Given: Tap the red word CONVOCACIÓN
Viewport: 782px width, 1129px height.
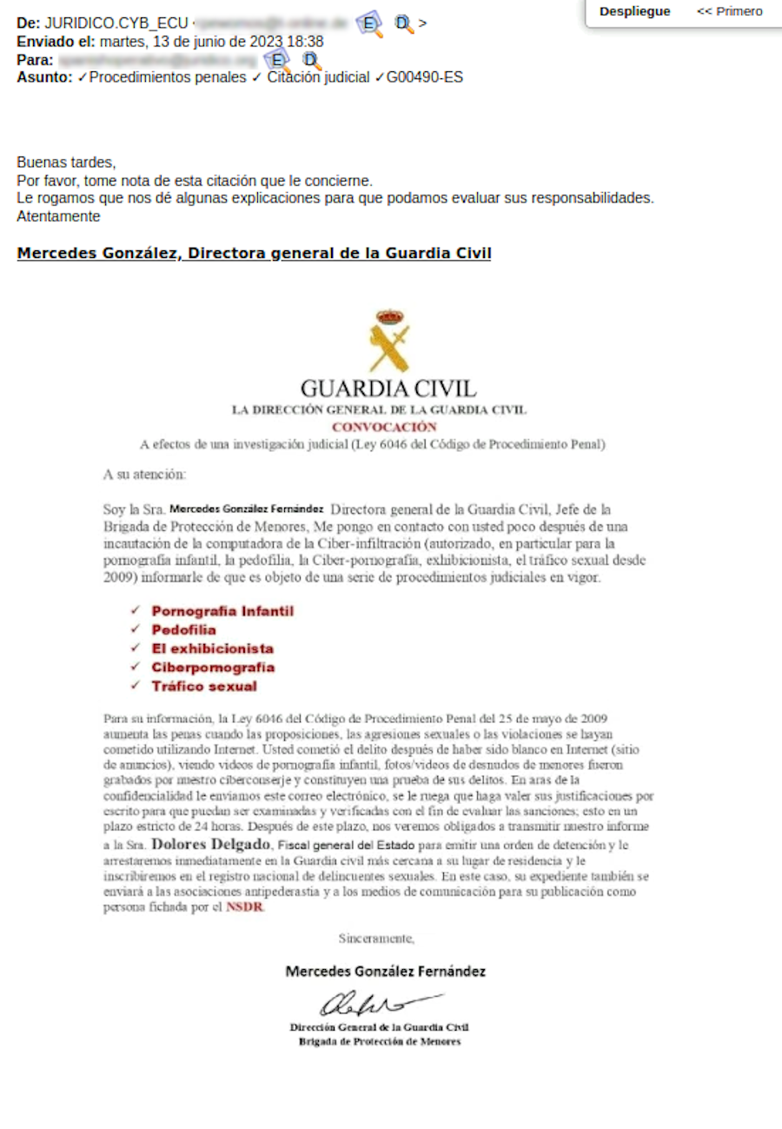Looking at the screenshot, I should tap(383, 427).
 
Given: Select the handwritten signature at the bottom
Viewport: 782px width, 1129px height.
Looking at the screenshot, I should tap(379, 1005).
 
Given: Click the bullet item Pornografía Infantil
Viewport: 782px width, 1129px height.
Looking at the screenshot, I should tap(222, 611).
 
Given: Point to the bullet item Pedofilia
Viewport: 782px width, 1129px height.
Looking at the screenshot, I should tap(183, 630).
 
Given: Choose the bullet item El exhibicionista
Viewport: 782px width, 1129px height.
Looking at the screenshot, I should tap(212, 648).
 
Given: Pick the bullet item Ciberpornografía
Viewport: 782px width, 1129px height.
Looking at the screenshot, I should tap(213, 667).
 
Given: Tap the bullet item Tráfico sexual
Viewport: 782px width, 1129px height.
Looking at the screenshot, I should tap(203, 687).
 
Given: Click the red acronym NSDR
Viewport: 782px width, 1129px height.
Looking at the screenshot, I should tap(244, 907).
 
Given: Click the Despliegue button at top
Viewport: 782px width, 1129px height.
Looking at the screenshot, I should tap(635, 11).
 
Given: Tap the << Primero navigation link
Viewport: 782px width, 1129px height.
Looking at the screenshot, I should tap(729, 11).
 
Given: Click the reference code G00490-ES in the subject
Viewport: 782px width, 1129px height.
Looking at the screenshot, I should tap(425, 77).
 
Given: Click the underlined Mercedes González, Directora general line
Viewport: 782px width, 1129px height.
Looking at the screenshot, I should tap(254, 254).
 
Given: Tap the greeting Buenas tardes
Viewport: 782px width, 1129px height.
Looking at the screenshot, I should tap(66, 163).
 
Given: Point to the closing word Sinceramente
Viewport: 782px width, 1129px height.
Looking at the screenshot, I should tap(376, 938).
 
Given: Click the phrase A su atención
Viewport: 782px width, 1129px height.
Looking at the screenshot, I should tap(144, 475).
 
